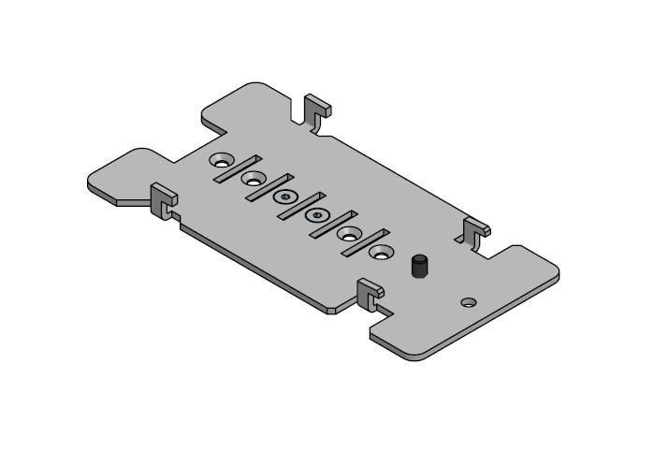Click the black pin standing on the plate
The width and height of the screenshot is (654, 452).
point(418,267)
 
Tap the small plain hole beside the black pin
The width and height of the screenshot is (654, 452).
point(468,302)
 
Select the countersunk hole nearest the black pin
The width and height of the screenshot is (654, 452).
point(380,252)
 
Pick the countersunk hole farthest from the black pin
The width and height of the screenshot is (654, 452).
point(221,160)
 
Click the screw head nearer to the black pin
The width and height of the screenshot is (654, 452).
point(318,215)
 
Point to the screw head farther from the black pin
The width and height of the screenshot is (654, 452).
point(284,197)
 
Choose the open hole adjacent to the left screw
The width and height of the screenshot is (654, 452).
point(253,178)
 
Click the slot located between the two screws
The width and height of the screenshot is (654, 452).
point(301,205)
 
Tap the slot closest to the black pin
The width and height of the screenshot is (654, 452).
point(365,242)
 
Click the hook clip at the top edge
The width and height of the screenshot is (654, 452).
point(317,110)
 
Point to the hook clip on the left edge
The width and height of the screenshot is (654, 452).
point(164,200)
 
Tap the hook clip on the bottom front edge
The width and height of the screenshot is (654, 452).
point(370,295)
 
